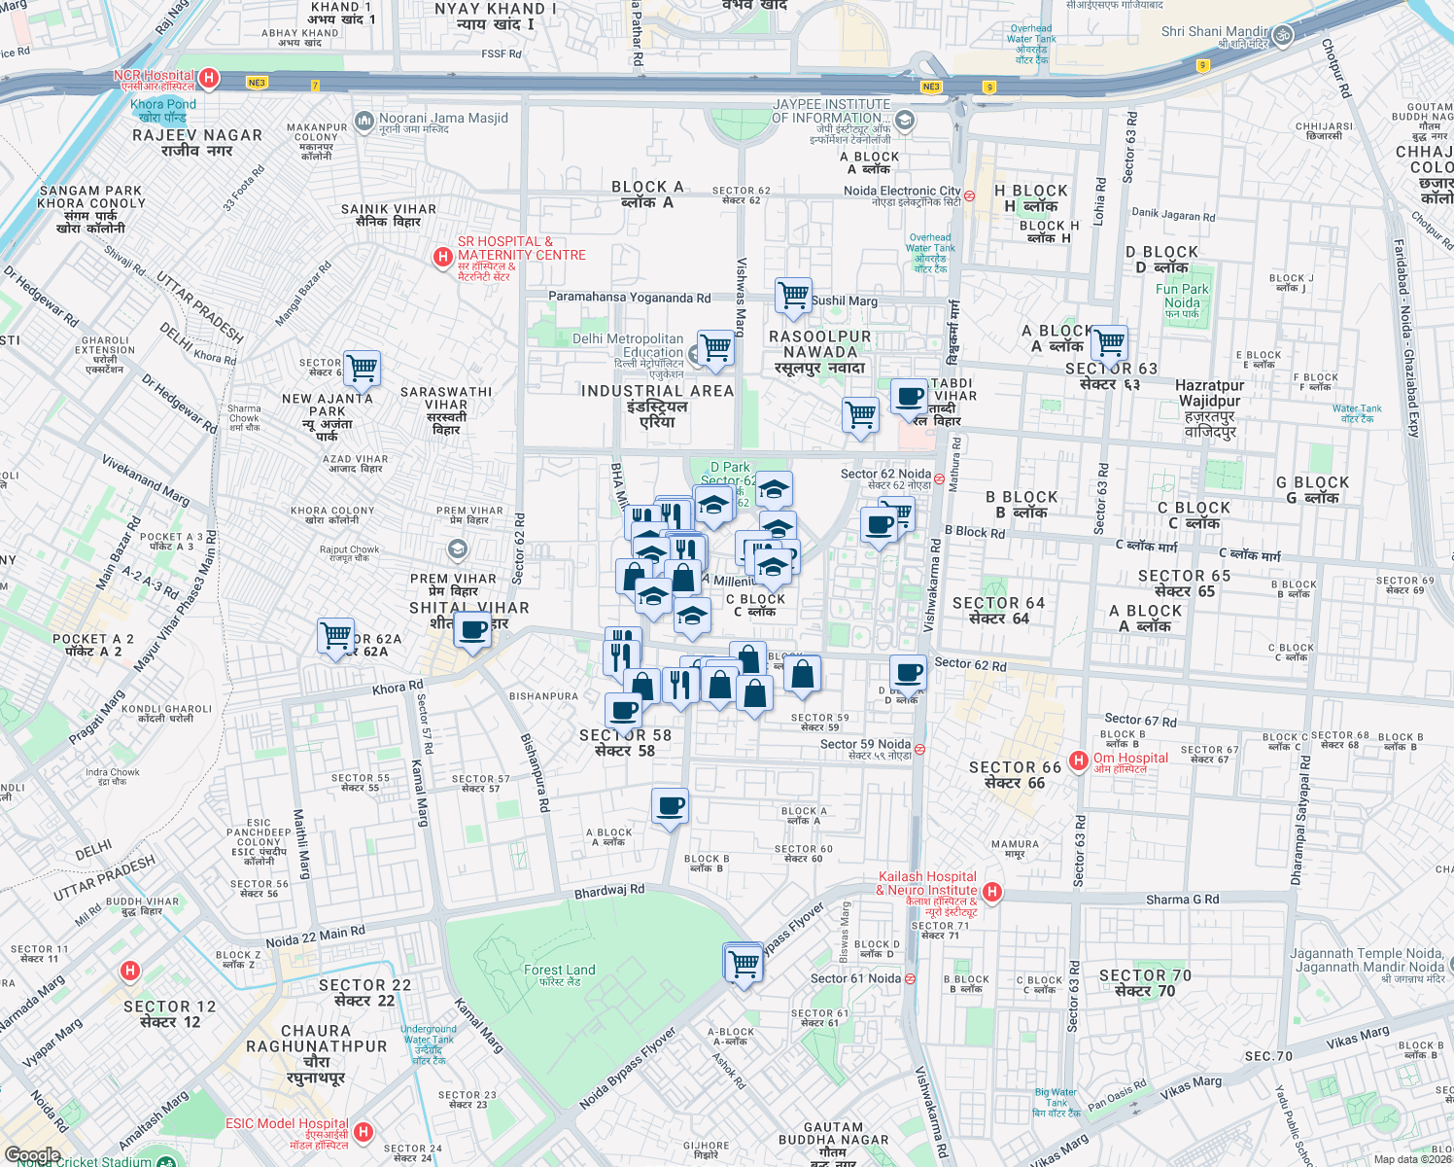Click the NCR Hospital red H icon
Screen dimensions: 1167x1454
208,78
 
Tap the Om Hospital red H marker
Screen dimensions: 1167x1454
1078,760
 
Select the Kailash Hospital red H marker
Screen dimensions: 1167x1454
991,891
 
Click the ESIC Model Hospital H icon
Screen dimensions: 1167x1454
363,1131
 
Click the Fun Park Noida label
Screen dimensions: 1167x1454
1182,296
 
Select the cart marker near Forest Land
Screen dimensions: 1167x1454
744,963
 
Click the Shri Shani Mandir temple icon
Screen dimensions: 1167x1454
1282,35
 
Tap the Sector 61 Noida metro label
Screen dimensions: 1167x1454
855,978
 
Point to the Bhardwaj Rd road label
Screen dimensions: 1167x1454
609,890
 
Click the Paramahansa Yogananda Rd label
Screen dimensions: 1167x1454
629,298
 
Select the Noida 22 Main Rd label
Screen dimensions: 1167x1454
315,937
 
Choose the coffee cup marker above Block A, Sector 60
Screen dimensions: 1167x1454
670,806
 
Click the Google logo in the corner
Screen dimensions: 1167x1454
32,1155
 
